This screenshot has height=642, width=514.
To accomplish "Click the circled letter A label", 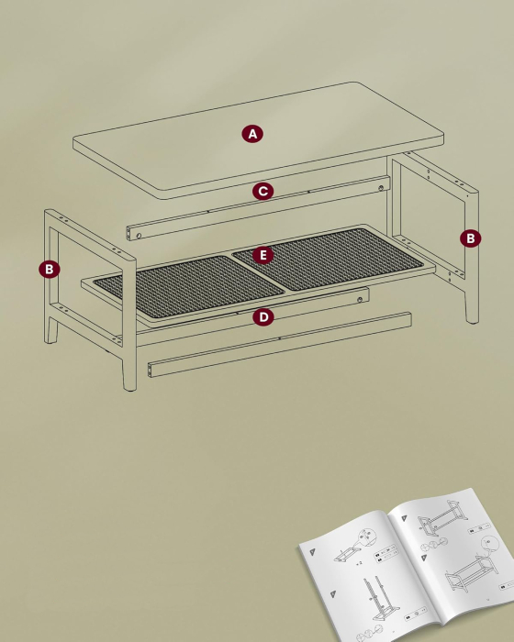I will (252, 134).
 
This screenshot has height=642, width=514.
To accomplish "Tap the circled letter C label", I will (263, 192).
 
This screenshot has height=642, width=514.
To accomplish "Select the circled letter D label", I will (263, 317).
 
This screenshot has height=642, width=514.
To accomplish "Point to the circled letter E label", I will (263, 255).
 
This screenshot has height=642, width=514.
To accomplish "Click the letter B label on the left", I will (49, 270).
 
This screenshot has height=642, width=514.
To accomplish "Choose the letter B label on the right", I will (469, 238).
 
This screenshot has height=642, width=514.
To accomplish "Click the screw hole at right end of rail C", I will (381, 189).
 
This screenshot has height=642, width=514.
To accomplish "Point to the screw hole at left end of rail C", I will (138, 236).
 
